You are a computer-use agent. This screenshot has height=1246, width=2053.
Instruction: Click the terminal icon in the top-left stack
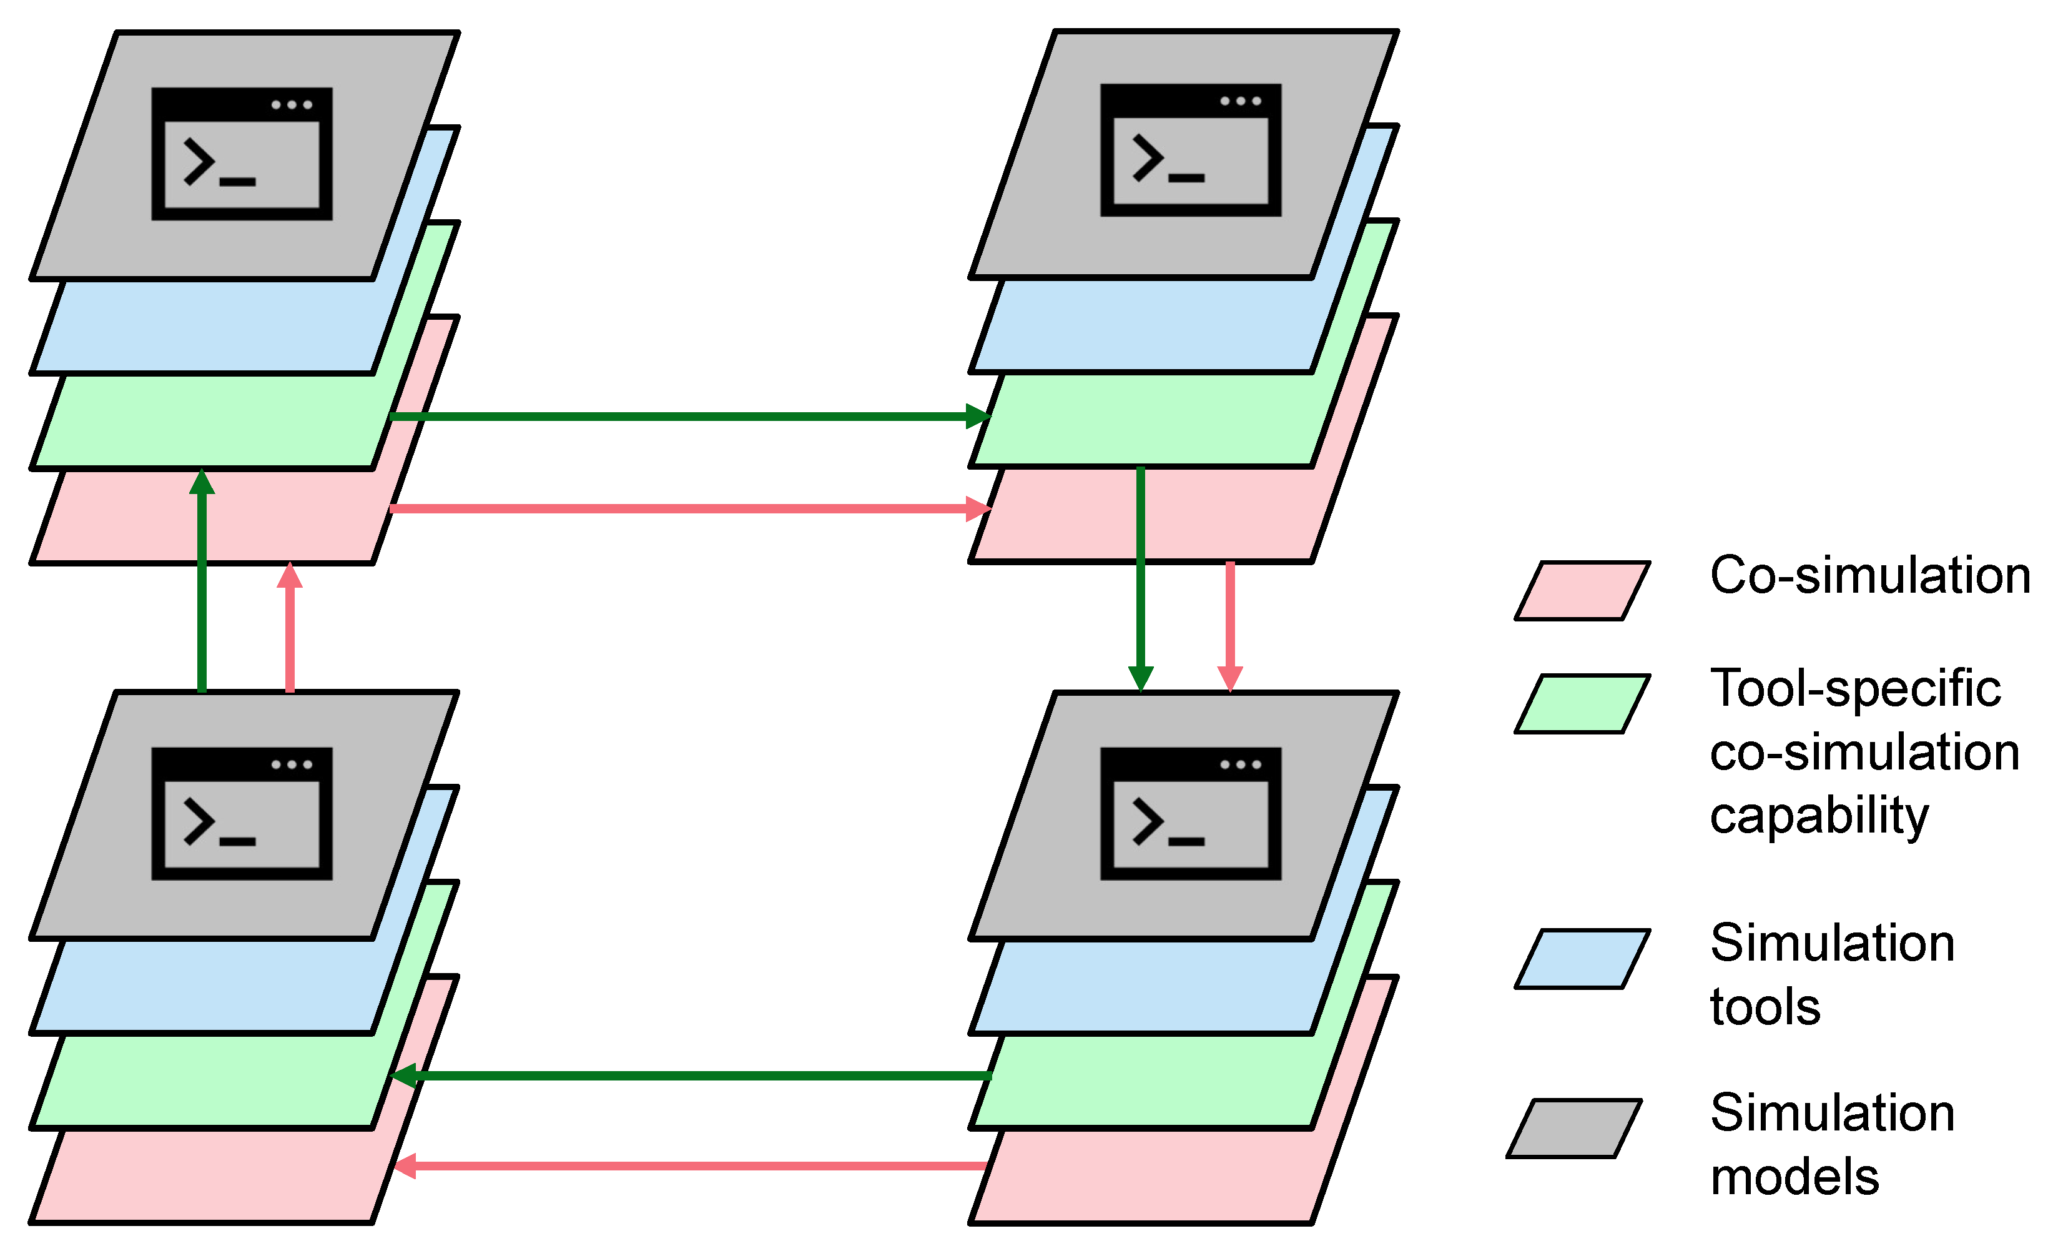(242, 154)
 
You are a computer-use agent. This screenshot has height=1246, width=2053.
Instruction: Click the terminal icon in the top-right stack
(1191, 150)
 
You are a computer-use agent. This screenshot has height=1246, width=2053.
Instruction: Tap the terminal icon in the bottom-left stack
(242, 813)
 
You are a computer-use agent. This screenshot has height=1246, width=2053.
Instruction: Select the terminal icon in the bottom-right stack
(1191, 813)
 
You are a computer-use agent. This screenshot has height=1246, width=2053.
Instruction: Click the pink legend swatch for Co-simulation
(1582, 591)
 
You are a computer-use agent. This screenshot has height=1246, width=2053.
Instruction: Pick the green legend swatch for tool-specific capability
(1582, 703)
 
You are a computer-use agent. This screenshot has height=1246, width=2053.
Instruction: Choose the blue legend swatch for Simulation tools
(1582, 959)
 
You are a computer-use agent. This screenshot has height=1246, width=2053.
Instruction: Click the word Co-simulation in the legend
(1869, 575)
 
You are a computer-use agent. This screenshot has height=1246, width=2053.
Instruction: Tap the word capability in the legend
(1819, 815)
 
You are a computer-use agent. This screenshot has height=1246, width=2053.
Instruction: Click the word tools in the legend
(1765, 1006)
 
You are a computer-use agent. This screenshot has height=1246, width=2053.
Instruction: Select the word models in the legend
(1794, 1176)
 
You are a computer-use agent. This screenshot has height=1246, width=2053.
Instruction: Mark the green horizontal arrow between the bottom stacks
(692, 1076)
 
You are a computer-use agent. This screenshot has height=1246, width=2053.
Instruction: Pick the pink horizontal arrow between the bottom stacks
(692, 1166)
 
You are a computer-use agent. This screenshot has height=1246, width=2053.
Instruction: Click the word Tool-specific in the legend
(1854, 688)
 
